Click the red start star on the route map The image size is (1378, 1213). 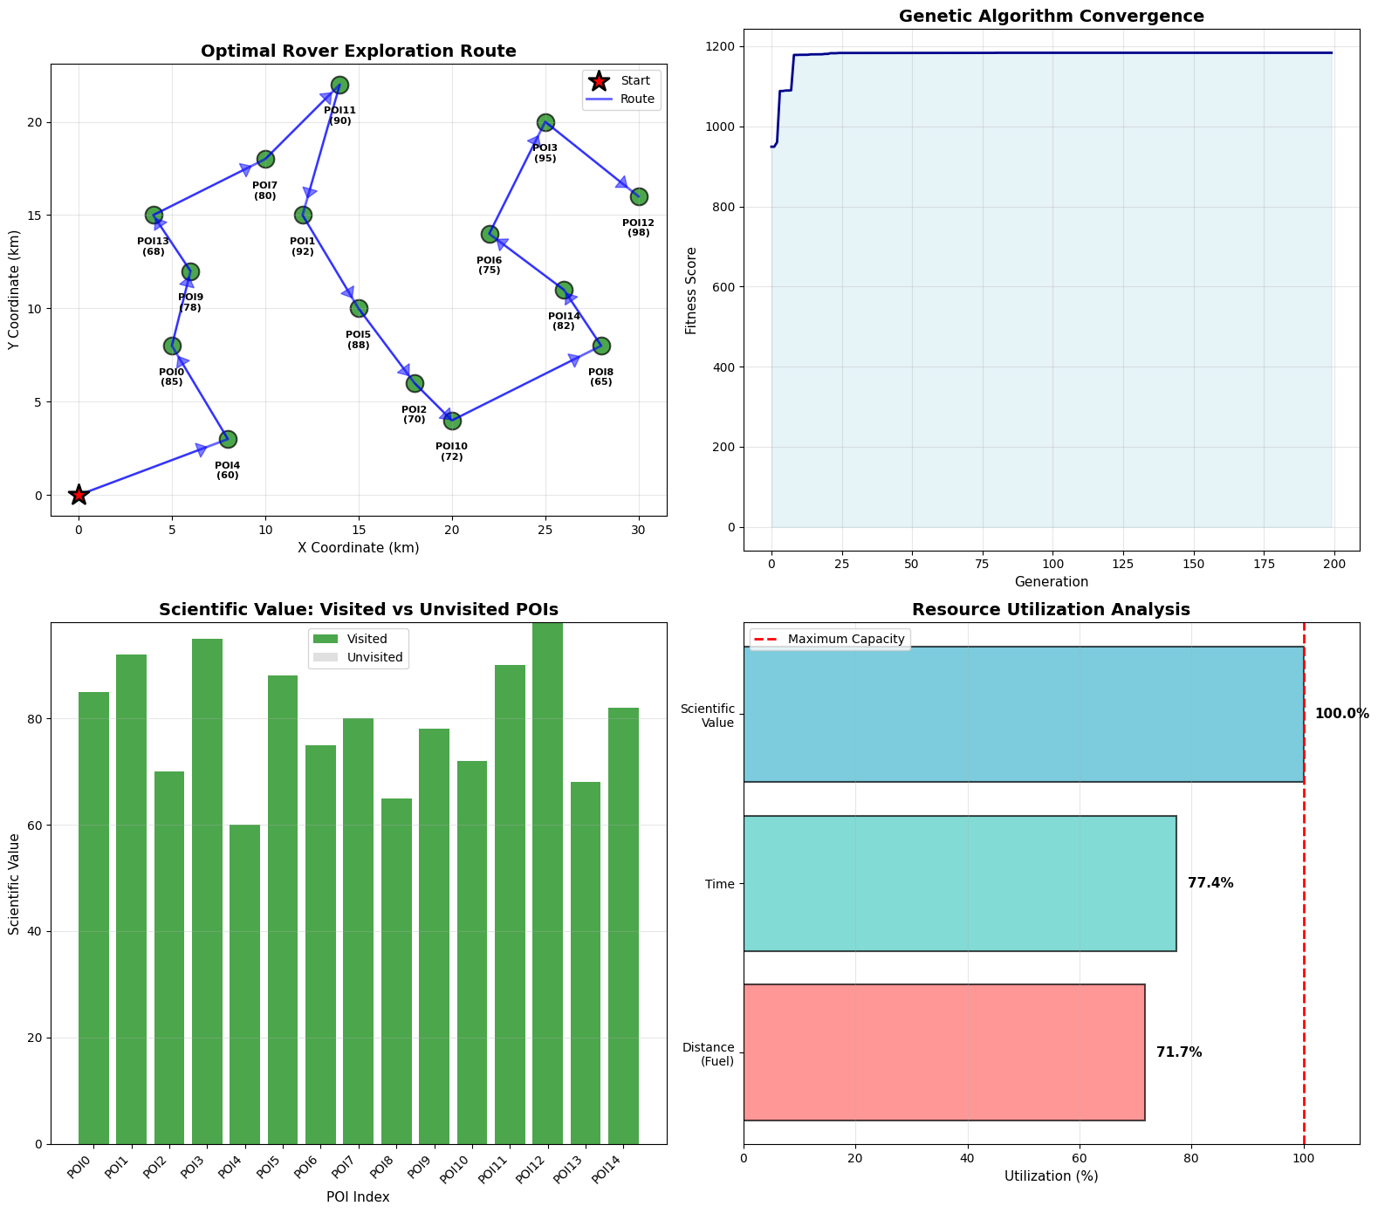[x=79, y=495]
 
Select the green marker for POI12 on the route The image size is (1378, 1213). [x=639, y=196]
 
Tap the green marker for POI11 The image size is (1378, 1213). [x=339, y=85]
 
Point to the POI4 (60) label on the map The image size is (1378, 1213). [x=227, y=470]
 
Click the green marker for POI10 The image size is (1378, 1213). [x=452, y=421]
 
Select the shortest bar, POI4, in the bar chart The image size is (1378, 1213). [x=245, y=983]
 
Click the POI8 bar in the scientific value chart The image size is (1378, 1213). [x=396, y=970]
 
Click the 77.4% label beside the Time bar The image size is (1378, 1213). [x=1210, y=883]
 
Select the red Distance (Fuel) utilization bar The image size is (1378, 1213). [x=943, y=1052]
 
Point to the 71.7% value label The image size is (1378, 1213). [x=1179, y=1052]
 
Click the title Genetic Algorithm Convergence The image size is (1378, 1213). [x=1051, y=16]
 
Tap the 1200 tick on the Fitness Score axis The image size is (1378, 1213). [x=721, y=46]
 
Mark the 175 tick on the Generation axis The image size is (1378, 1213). [x=1265, y=564]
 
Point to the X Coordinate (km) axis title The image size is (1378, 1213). [x=358, y=548]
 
